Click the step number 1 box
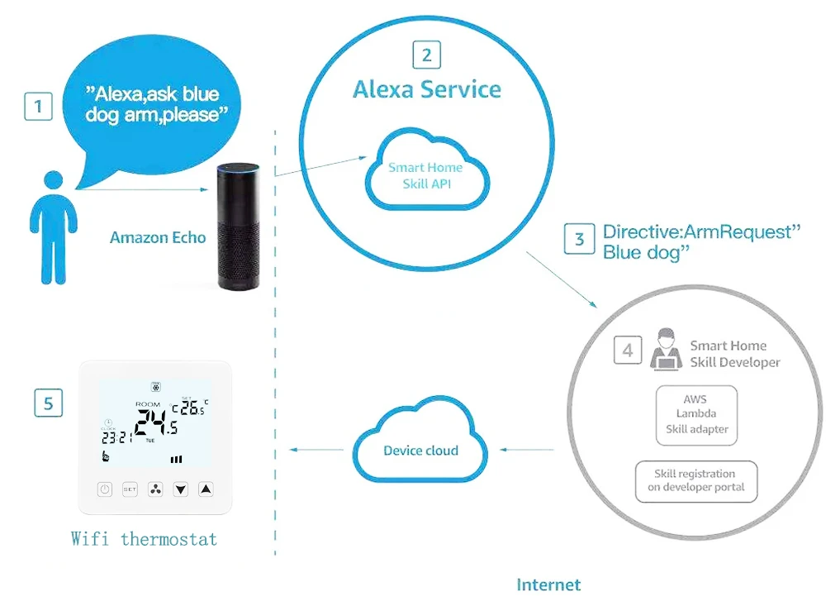coord(38,107)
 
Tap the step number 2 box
coord(426,55)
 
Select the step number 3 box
coord(579,239)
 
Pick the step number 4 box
coord(628,351)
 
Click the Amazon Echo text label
coord(157,238)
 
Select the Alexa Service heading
coord(427,89)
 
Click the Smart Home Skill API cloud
coord(426,174)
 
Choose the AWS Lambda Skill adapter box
coord(695,414)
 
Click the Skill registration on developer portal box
coord(695,480)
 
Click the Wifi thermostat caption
coord(144,540)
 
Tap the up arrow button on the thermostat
coord(206,489)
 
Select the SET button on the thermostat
coord(130,489)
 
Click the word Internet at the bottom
coord(548,585)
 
